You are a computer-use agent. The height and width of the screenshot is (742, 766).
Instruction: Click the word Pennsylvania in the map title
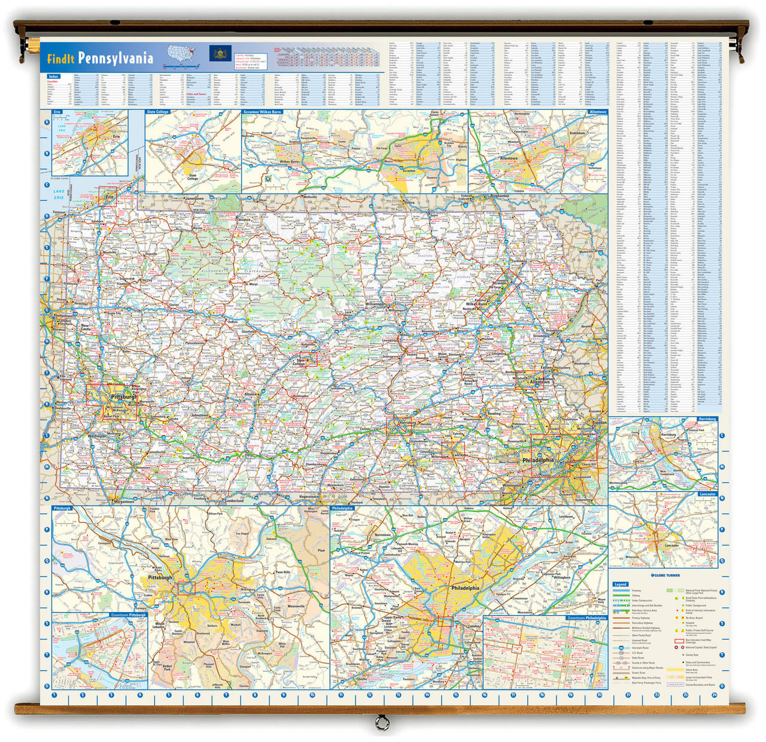[x=115, y=58]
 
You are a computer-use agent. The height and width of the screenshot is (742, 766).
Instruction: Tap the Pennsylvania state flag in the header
[x=220, y=54]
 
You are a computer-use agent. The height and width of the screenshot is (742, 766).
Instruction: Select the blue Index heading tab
[x=54, y=77]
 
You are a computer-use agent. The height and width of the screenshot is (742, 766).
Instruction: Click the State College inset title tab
[x=158, y=112]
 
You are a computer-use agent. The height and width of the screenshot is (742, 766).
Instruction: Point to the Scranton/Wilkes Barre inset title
[x=262, y=112]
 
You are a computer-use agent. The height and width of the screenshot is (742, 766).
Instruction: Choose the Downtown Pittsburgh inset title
[x=128, y=615]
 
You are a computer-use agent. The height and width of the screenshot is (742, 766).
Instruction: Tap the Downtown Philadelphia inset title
[x=586, y=617]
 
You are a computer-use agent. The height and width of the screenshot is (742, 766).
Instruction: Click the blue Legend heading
[x=621, y=584]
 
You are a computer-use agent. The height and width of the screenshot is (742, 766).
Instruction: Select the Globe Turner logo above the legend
[x=665, y=576]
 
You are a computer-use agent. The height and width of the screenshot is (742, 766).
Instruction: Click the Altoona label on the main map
[x=251, y=395]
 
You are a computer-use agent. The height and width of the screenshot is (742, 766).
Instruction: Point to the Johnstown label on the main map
[x=200, y=415]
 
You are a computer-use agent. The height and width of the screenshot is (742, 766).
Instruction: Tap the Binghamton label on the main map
[x=499, y=196]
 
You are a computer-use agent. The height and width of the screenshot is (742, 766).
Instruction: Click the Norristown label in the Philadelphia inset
[x=382, y=535]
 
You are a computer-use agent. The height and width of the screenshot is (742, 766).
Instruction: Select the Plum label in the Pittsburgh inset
[x=321, y=550]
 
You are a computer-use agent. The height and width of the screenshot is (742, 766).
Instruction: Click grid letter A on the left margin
[x=47, y=122]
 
